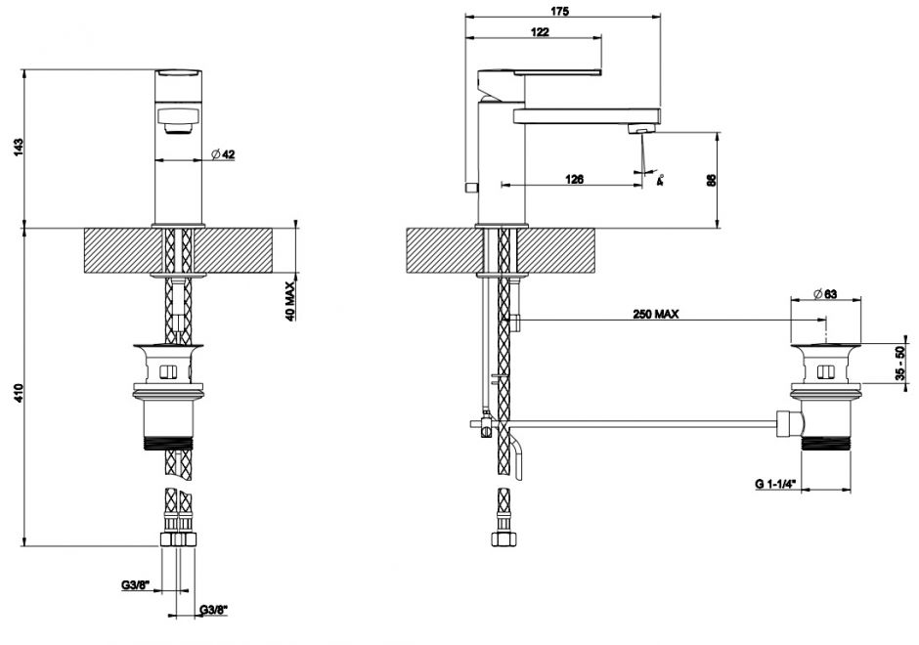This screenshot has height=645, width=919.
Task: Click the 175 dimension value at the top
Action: pos(560,11)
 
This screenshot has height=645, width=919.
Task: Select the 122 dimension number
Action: pos(539,32)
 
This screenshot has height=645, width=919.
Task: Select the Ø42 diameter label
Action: pos(224,154)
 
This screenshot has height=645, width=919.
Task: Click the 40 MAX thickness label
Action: pos(290,302)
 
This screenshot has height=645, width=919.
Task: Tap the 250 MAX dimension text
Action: pos(656,314)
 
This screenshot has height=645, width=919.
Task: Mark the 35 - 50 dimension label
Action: pos(900,364)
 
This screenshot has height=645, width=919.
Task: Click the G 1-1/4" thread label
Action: pos(776,484)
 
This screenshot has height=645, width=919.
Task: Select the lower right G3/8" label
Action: pos(213,611)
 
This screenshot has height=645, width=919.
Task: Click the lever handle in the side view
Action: pos(539,75)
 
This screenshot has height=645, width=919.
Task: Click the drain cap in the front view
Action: pos(171,349)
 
